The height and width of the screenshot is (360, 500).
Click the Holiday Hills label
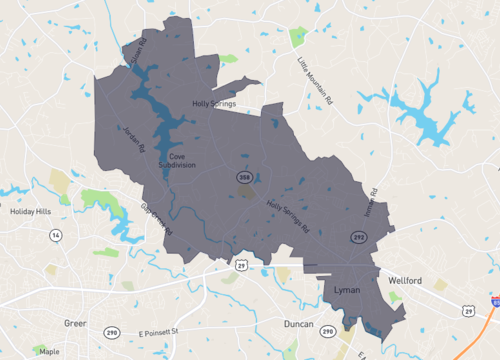pyautogui.click(x=30, y=211)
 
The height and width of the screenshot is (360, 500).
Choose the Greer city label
pyautogui.click(x=76, y=323)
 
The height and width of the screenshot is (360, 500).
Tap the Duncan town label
pyautogui.click(x=298, y=326)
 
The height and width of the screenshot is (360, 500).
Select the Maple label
pyautogui.click(x=48, y=351)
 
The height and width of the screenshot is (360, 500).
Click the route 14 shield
pyautogui.click(x=56, y=235)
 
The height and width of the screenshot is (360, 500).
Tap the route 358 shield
pyautogui.click(x=244, y=177)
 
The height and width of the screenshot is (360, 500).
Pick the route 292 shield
pyautogui.click(x=357, y=237)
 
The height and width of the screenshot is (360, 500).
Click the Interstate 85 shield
pyautogui.click(x=496, y=300)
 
